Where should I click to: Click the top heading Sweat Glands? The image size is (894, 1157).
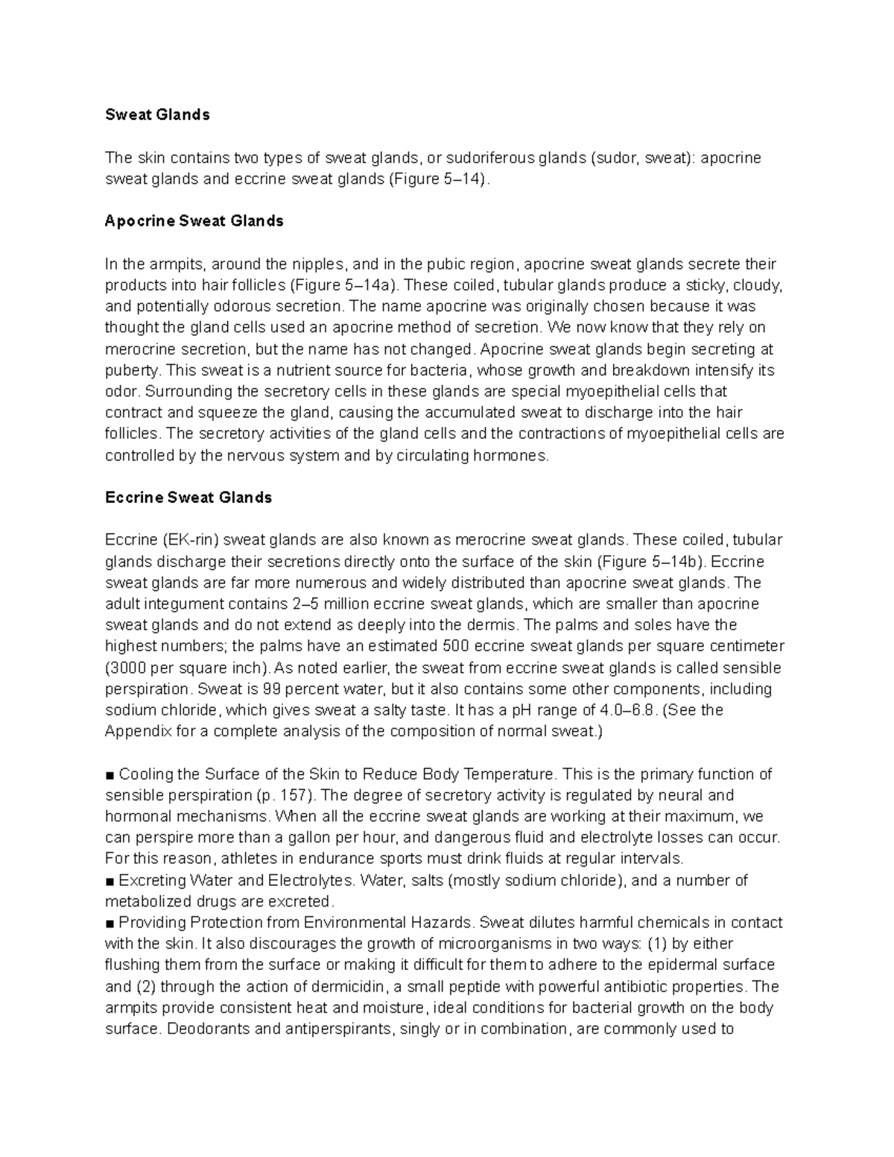click(157, 115)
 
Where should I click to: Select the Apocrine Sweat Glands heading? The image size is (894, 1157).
click(194, 221)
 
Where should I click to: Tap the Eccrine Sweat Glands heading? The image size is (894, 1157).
click(188, 498)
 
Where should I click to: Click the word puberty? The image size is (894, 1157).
click(131, 370)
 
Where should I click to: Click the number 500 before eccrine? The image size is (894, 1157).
click(455, 646)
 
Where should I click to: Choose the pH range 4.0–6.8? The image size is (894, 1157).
click(629, 710)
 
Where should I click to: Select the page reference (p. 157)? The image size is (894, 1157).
click(285, 796)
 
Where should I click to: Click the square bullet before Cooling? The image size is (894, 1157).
click(110, 775)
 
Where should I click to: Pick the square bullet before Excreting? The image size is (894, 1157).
click(110, 881)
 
